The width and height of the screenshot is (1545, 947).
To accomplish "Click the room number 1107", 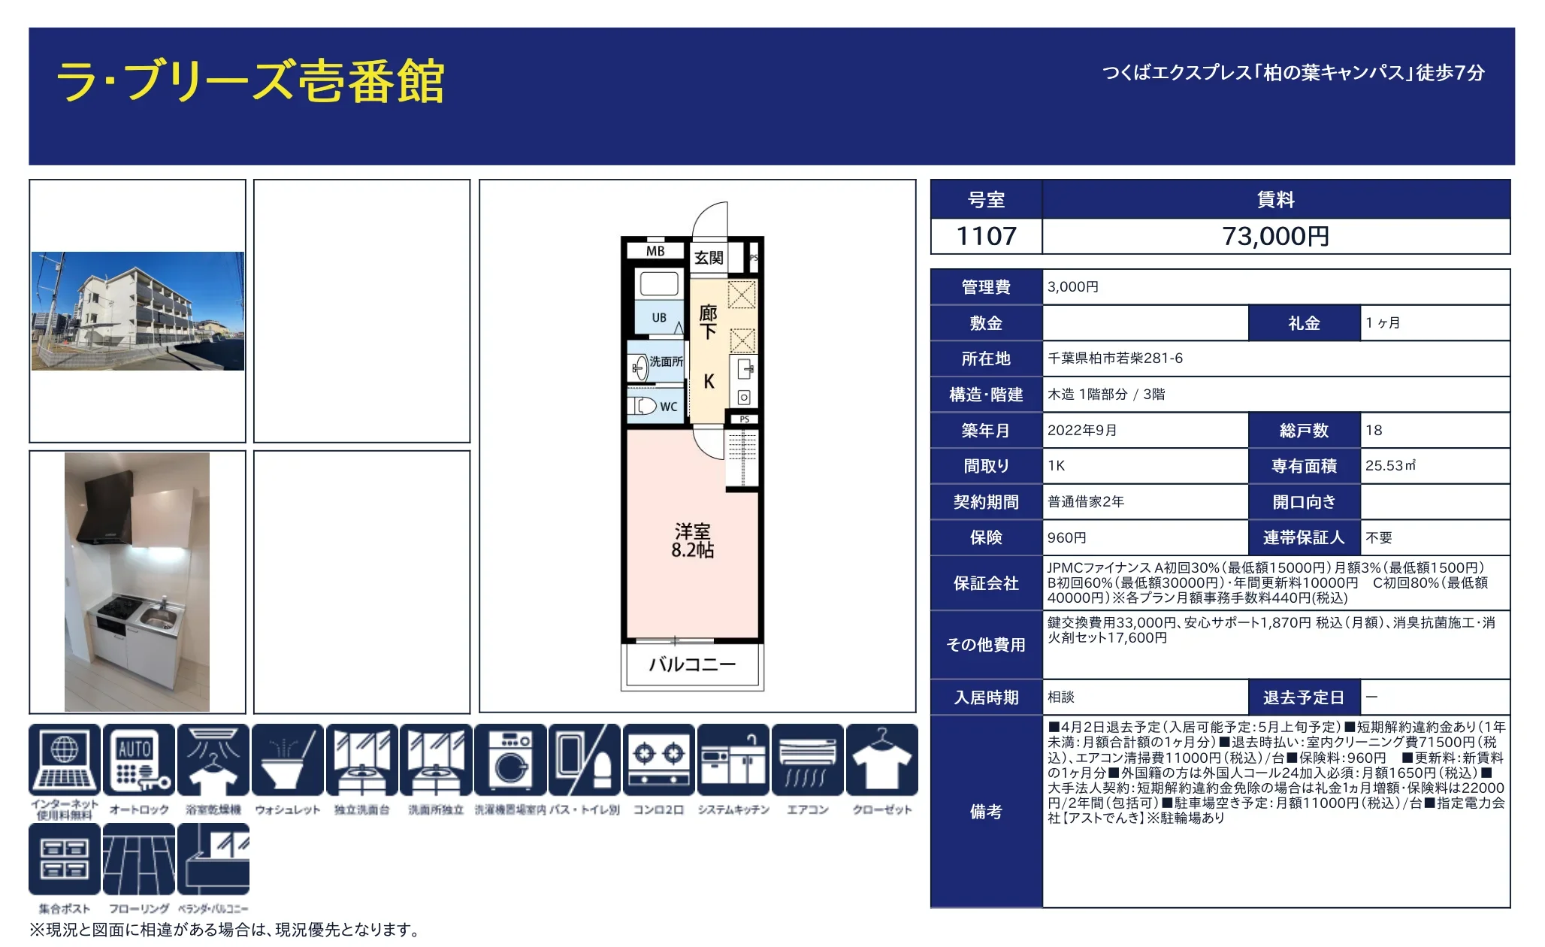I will (x=986, y=237).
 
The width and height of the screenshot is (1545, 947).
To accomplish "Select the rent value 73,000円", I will (x=1275, y=237).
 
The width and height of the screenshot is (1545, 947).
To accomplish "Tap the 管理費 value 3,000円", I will (x=1073, y=287).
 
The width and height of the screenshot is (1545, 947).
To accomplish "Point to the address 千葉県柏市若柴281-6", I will (x=1115, y=359).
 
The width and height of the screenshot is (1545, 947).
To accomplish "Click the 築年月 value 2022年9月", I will (x=1082, y=431).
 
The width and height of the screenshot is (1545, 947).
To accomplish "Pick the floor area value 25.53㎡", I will (x=1390, y=466).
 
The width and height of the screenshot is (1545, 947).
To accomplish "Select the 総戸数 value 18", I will (x=1374, y=431).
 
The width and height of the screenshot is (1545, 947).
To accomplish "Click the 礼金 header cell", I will (x=1304, y=323).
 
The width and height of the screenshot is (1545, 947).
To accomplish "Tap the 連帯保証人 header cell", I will (x=1304, y=537).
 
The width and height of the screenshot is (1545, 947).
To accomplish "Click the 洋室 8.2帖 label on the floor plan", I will (x=692, y=541).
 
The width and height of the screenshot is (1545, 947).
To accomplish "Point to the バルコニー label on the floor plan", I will (x=692, y=664).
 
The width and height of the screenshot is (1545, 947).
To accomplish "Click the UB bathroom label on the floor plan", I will (x=659, y=318).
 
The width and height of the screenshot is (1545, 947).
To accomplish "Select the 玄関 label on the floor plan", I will (x=709, y=258).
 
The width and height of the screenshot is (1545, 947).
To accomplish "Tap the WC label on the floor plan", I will (x=668, y=407).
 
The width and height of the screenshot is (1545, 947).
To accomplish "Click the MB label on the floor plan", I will (x=655, y=251).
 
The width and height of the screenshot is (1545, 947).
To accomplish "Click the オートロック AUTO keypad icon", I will (x=138, y=760).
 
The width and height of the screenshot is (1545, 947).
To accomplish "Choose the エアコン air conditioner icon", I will (x=807, y=760).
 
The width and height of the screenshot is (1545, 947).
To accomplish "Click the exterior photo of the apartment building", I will (x=138, y=310).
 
